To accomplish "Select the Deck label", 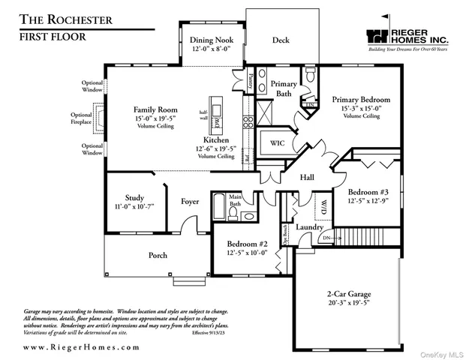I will (281, 40).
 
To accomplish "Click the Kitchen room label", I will (216, 140).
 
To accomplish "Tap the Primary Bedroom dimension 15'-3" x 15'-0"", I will (362, 108).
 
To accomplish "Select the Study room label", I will (134, 198).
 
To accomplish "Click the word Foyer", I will (191, 201).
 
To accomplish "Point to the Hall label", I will (307, 178).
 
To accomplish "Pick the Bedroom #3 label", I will (368, 192).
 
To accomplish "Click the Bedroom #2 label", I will (248, 244).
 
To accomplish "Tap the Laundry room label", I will (308, 227).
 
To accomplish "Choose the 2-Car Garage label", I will (349, 293).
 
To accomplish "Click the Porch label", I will (158, 255).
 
